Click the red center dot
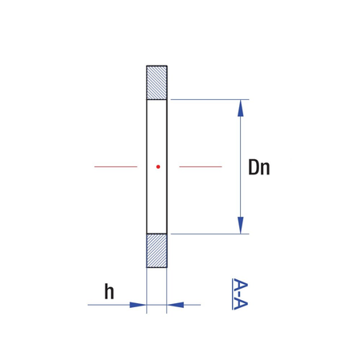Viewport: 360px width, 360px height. pyautogui.click(x=158, y=166)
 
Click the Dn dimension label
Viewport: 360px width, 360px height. pyautogui.click(x=259, y=167)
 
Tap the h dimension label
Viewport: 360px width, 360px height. pyautogui.click(x=109, y=291)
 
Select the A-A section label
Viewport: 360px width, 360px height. pyautogui.click(x=240, y=294)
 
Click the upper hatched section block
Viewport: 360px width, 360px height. pyautogui.click(x=157, y=82)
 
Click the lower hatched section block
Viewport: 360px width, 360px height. pyautogui.click(x=157, y=250)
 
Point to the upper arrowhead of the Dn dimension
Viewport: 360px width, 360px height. pyautogui.click(x=241, y=108)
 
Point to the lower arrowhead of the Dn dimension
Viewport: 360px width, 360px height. pyautogui.click(x=241, y=226)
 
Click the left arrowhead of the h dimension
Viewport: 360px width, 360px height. pyautogui.click(x=138, y=305)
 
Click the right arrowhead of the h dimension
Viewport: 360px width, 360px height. pyautogui.click(x=175, y=305)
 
